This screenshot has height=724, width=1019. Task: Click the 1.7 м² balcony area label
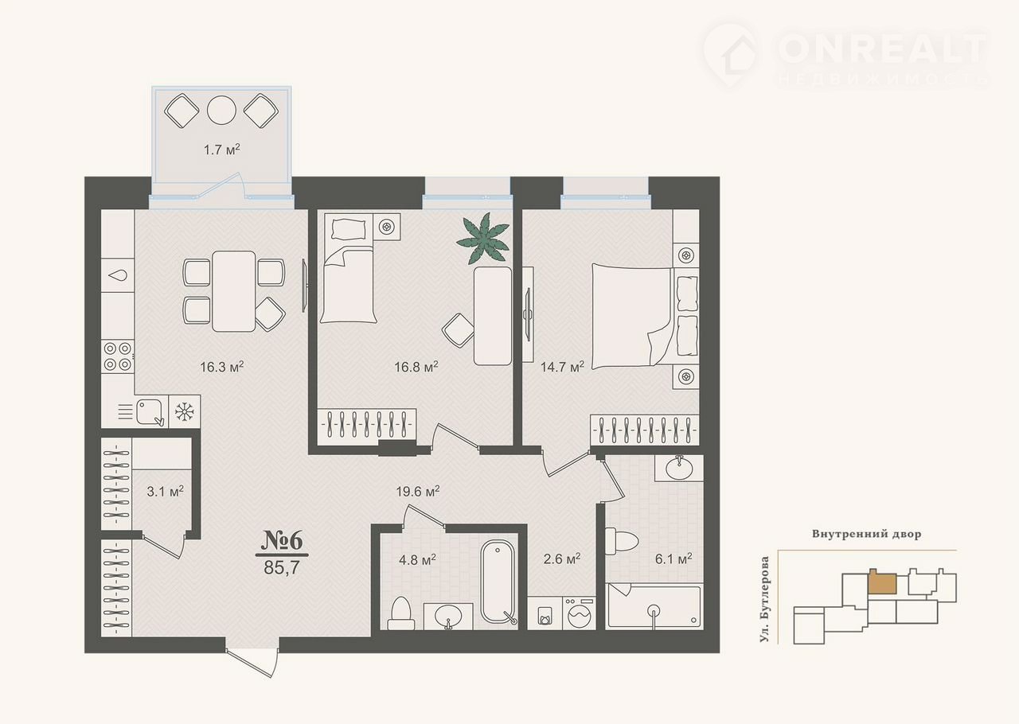(x=221, y=149)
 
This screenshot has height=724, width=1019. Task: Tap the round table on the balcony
(x=221, y=110)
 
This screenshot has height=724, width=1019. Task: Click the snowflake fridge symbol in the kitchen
(x=184, y=411)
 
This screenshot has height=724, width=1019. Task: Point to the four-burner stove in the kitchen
(x=118, y=356)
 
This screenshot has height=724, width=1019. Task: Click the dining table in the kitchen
(x=234, y=291)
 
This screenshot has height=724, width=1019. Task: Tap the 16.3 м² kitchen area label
(x=222, y=367)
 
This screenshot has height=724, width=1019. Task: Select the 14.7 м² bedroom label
(x=562, y=367)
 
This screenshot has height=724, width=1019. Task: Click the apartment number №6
(x=282, y=540)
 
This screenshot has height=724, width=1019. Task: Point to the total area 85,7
(x=282, y=567)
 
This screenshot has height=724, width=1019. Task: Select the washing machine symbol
(x=579, y=613)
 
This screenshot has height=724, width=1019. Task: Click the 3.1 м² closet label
(x=165, y=491)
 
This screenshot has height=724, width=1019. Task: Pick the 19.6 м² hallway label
(x=418, y=491)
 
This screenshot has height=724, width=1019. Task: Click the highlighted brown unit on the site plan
(x=882, y=582)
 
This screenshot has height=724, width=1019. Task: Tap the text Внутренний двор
(x=867, y=534)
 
